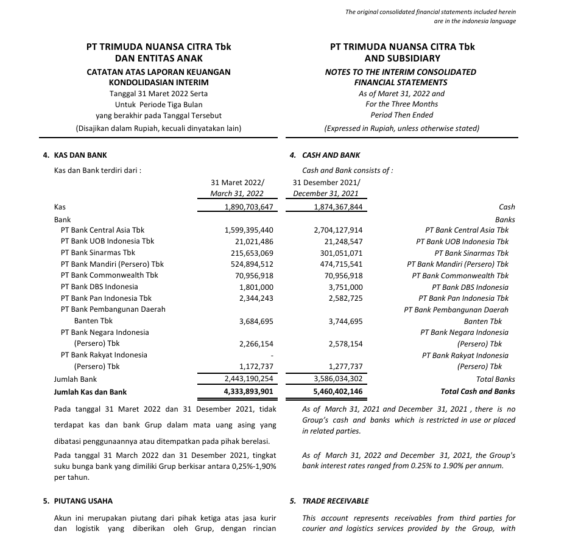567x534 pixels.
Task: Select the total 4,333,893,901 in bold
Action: [248, 392]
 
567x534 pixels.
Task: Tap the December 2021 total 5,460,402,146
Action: [337, 392]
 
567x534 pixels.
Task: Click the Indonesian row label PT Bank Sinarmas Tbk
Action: [98, 253]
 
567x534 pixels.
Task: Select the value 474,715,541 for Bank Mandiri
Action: [337, 264]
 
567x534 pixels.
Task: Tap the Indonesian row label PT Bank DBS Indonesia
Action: [99, 287]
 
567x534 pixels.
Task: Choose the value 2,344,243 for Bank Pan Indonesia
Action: [256, 298]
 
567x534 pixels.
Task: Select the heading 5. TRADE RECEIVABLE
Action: [329, 501]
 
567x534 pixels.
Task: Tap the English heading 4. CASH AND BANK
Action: [325, 155]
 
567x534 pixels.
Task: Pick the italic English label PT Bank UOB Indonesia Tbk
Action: [462, 242]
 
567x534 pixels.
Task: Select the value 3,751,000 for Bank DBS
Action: [345, 287]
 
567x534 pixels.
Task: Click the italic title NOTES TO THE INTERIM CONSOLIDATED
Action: [401, 72]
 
